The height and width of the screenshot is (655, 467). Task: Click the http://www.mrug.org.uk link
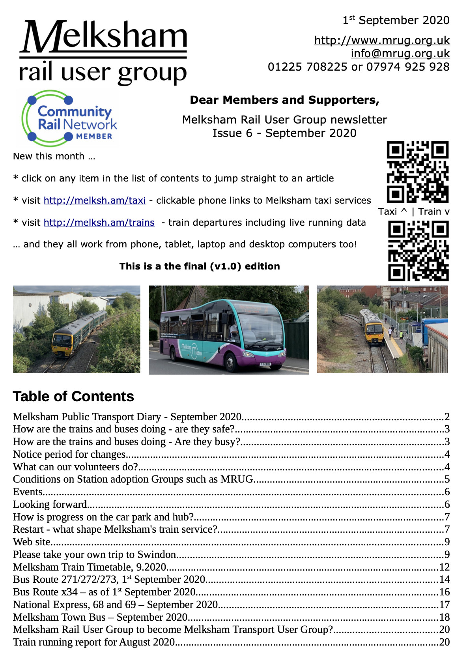(x=382, y=40)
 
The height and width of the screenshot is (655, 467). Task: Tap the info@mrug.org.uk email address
(x=400, y=53)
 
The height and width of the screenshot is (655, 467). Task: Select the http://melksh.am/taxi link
(x=94, y=200)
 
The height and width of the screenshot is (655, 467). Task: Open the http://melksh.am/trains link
(x=99, y=223)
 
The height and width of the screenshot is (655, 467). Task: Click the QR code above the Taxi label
(x=418, y=172)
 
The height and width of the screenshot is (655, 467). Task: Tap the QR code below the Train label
(x=418, y=250)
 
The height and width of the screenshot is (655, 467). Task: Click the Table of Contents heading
(x=73, y=396)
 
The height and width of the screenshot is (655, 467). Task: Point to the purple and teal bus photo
(x=228, y=329)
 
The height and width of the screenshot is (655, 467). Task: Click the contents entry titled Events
(x=28, y=492)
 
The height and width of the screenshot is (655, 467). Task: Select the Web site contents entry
(x=32, y=542)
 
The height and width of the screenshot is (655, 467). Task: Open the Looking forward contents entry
(x=50, y=504)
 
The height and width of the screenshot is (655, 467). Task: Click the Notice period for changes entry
(x=69, y=454)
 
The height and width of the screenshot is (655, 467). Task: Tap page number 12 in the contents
(x=444, y=567)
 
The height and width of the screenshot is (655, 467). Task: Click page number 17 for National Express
(x=444, y=604)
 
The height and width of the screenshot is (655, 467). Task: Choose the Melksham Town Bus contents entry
(x=100, y=617)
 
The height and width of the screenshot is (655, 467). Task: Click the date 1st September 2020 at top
(x=396, y=20)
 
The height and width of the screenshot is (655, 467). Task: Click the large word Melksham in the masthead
(x=103, y=36)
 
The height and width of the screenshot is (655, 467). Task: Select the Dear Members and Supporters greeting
(x=284, y=100)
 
